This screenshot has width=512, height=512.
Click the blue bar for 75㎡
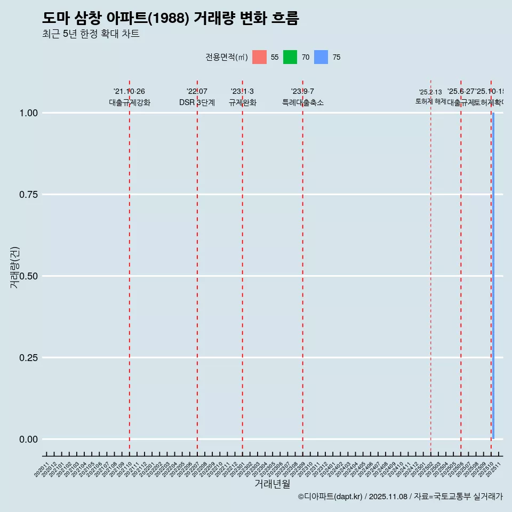click(x=493, y=276)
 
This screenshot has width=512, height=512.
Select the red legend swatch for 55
click(x=259, y=57)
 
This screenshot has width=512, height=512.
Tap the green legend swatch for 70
click(x=290, y=57)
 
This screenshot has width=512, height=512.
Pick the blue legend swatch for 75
click(x=321, y=57)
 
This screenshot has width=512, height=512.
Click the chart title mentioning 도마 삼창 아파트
click(x=171, y=18)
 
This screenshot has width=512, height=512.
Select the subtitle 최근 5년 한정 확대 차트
click(x=91, y=34)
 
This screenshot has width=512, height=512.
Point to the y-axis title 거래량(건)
click(x=14, y=267)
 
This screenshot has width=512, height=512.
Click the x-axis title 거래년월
click(x=272, y=484)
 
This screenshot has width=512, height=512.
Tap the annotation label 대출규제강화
click(x=130, y=102)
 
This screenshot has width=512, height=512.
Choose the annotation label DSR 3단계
click(x=197, y=102)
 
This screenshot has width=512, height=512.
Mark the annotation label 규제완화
click(x=243, y=102)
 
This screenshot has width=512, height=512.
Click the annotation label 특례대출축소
click(x=303, y=102)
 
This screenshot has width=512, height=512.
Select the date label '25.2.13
click(x=430, y=92)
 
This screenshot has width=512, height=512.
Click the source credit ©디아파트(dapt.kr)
click(x=331, y=497)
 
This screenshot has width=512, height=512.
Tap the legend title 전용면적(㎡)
click(x=227, y=57)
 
